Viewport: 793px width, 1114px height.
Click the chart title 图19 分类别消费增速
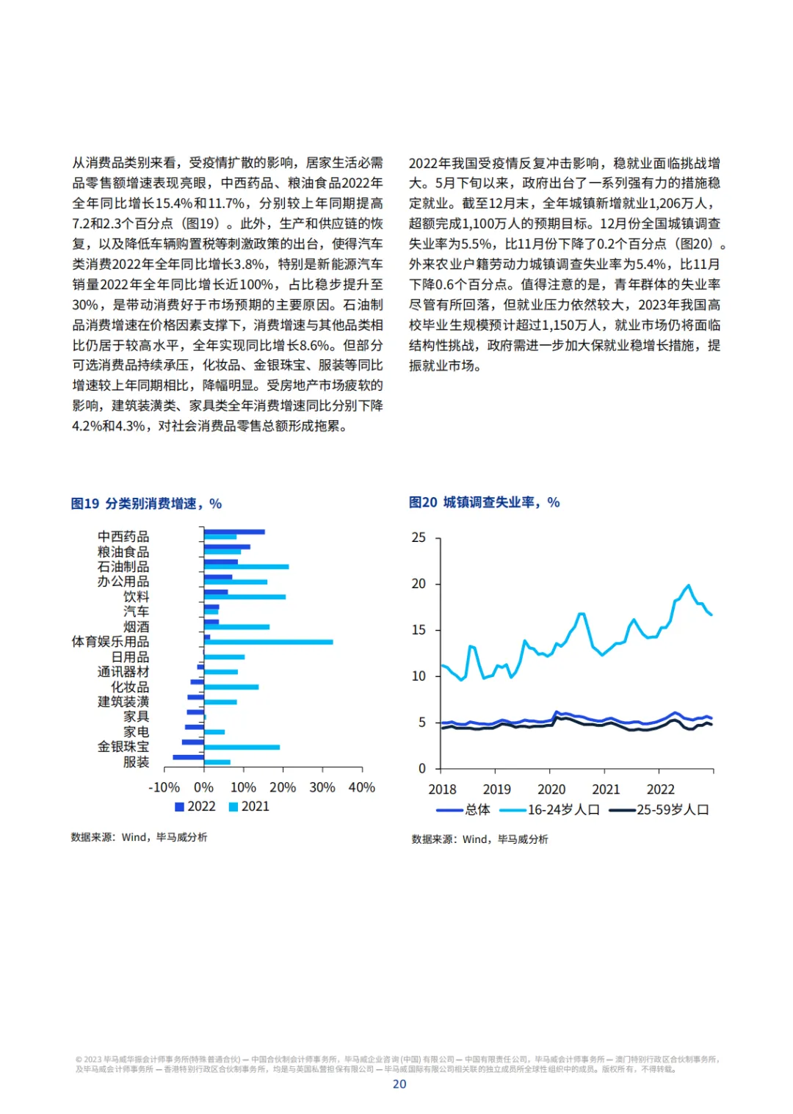[x=146, y=504]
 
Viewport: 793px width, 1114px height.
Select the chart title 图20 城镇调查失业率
[x=484, y=502]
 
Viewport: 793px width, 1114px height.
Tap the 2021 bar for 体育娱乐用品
[x=268, y=643]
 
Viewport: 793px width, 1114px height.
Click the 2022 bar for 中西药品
[x=234, y=532]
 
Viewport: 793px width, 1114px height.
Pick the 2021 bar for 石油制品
[x=246, y=567]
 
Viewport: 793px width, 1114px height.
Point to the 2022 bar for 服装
[x=188, y=757]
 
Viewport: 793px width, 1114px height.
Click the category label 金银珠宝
[x=123, y=747]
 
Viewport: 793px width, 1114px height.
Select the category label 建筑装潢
[x=123, y=702]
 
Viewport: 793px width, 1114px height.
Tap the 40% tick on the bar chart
[x=361, y=788]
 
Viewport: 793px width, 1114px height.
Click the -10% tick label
[x=164, y=788]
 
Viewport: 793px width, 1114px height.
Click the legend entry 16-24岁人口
[x=550, y=810]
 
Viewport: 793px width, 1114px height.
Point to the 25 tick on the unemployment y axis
[x=419, y=538]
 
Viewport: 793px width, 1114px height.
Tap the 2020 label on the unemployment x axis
[x=551, y=789]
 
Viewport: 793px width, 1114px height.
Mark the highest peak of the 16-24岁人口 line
[x=689, y=585]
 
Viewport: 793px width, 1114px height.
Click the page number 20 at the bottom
[x=399, y=1085]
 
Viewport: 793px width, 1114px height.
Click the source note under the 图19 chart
[x=139, y=837]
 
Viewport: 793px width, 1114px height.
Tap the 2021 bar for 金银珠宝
[x=242, y=748]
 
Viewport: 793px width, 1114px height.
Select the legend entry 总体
[x=464, y=810]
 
